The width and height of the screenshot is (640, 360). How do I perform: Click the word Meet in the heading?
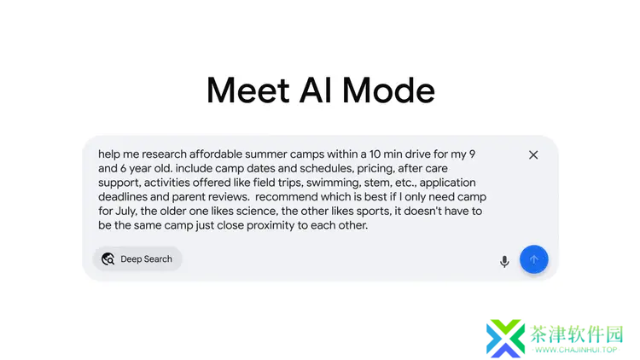click(248, 90)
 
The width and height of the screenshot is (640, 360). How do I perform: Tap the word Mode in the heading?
click(388, 90)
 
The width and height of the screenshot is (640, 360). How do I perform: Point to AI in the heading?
click(316, 90)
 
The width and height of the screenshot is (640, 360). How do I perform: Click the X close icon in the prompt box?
click(533, 155)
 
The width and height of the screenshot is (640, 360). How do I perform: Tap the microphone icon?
click(504, 261)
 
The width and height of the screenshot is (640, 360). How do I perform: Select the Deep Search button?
click(137, 258)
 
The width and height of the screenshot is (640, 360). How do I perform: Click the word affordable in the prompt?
click(216, 154)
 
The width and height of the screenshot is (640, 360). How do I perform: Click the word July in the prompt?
click(125, 212)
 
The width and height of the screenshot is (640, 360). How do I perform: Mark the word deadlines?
click(122, 197)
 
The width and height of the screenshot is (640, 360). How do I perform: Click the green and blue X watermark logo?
click(505, 339)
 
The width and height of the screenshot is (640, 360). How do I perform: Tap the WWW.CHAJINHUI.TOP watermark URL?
click(576, 350)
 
